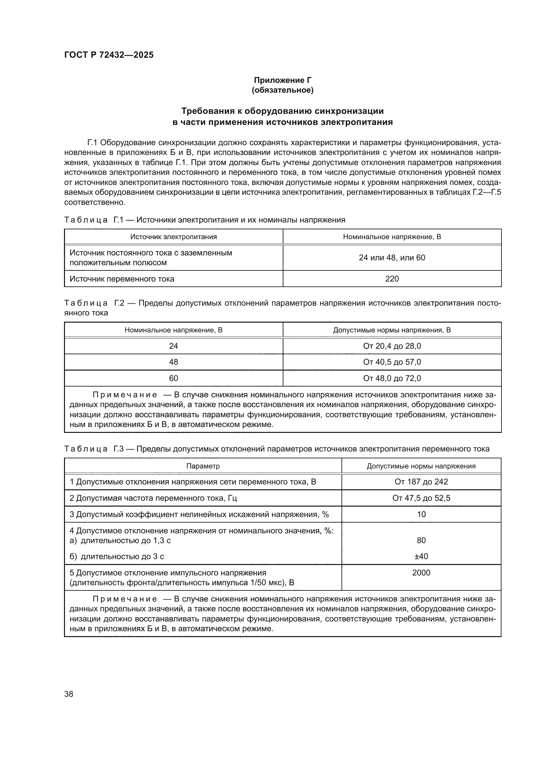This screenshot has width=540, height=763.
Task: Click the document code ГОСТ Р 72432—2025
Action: (109, 55)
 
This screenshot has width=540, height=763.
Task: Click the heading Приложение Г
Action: (283, 80)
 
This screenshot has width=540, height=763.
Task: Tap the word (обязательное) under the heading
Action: (283, 90)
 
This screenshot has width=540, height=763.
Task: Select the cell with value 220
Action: (392, 279)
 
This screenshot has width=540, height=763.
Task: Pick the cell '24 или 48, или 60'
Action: (392, 258)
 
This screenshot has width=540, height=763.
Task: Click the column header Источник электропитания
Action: (173, 237)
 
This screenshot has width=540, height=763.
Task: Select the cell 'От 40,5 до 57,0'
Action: (392, 362)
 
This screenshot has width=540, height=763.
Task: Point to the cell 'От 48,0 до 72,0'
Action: (392, 378)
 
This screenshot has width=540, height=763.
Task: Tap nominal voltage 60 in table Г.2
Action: (173, 378)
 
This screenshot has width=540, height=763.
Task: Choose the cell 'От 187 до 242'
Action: (421, 481)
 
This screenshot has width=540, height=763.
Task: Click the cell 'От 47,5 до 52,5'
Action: (421, 498)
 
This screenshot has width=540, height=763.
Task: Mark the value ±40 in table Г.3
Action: (421, 556)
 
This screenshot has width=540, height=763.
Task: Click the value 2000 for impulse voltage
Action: (421, 572)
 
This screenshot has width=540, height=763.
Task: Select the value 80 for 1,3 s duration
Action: (421, 540)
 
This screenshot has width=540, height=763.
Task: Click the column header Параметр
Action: (203, 466)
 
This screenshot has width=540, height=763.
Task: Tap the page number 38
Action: (69, 694)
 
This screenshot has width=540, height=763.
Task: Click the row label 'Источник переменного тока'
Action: (122, 279)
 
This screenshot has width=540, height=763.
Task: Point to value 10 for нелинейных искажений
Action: (421, 514)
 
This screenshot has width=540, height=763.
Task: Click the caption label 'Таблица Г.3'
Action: (94, 449)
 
